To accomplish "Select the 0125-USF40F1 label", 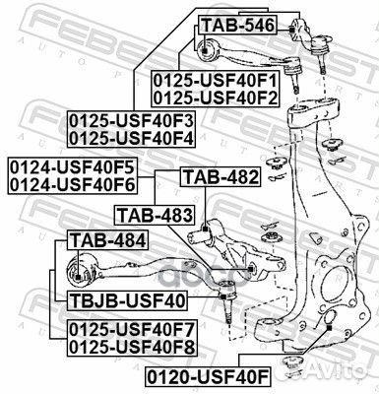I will tap(216, 81).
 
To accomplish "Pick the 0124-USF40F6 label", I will tap(71, 181).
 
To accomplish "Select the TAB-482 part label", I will tap(221, 178).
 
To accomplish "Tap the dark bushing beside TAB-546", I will tap(210, 49).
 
